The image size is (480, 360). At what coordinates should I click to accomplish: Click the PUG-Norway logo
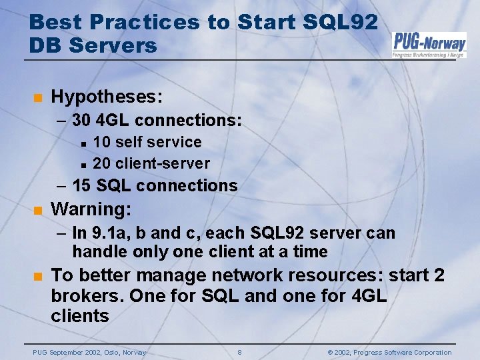click(x=429, y=44)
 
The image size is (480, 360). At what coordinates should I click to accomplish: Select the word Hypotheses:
click(x=107, y=97)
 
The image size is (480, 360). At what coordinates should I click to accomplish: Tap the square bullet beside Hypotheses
click(x=38, y=98)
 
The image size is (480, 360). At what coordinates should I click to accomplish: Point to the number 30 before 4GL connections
click(x=81, y=121)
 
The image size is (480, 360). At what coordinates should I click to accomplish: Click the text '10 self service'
click(x=147, y=142)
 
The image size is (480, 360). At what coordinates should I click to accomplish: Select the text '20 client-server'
click(x=151, y=163)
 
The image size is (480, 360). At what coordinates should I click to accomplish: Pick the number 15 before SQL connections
click(x=82, y=185)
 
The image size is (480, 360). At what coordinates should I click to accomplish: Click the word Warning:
click(x=91, y=209)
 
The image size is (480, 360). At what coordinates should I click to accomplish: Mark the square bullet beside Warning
click(x=38, y=211)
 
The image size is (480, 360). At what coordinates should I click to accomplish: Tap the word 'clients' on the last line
click(x=80, y=315)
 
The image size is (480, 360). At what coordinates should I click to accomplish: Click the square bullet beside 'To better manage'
click(x=38, y=277)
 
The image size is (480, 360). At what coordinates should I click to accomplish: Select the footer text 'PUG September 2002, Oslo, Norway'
click(x=89, y=352)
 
